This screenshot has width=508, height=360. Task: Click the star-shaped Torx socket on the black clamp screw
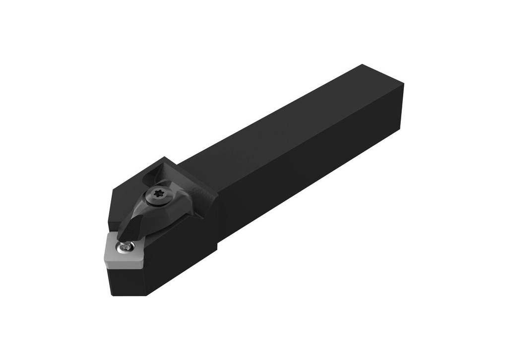pyautogui.click(x=160, y=195)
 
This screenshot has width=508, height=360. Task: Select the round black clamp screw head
pyautogui.click(x=160, y=195)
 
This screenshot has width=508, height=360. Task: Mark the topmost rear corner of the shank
pyautogui.click(x=363, y=64)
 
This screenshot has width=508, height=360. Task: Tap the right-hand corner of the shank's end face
pyautogui.click(x=403, y=84)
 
